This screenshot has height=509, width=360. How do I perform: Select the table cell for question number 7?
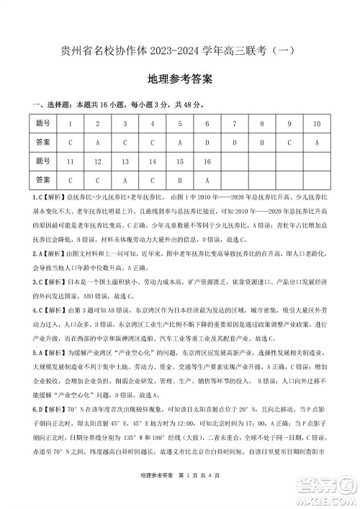234,124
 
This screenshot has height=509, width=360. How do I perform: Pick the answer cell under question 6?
207,143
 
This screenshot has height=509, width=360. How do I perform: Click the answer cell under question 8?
261,143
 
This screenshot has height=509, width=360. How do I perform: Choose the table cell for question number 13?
125,161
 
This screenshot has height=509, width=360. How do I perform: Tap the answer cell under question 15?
179,180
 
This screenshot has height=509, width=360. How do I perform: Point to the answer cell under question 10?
316,143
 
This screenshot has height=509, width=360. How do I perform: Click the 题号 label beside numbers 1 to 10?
43,124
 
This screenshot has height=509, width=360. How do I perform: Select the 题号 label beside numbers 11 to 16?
43,161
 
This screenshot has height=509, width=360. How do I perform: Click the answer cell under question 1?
71,143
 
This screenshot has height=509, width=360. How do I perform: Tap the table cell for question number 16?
207,161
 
